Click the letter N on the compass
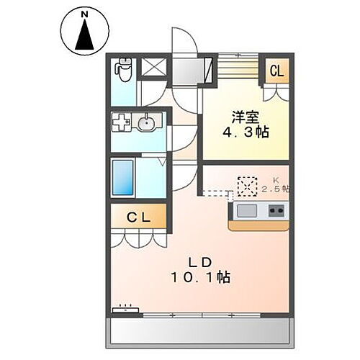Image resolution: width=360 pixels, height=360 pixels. [x=84, y=14]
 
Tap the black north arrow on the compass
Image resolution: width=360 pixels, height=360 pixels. [x=84, y=35]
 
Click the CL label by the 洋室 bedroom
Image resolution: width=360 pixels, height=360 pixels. [x=277, y=71]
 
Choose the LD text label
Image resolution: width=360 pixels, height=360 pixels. [x=199, y=261]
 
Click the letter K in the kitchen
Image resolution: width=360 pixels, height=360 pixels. [x=274, y=180]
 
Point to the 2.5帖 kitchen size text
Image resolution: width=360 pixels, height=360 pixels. [x=275, y=189]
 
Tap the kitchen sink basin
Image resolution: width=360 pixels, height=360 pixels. [x=245, y=210]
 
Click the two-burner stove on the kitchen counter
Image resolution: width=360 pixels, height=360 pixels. [x=276, y=210]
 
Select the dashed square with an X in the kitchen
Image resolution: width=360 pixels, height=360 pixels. [x=247, y=186]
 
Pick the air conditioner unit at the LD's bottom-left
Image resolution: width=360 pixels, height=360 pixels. [x=126, y=310]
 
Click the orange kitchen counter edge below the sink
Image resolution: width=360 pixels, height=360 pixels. [x=259, y=225]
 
